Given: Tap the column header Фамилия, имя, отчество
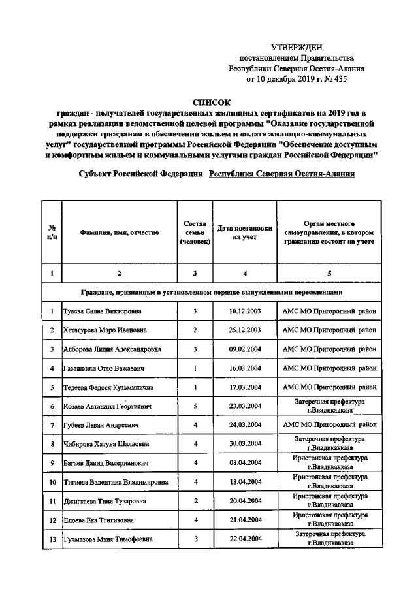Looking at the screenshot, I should coord(118,232).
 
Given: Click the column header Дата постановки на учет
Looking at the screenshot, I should coord(245,232).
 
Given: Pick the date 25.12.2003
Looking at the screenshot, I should coord(245,330).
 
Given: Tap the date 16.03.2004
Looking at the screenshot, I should coord(245,368).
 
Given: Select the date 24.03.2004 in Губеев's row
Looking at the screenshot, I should coord(245,425).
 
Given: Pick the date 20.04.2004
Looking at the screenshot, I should coord(245,501).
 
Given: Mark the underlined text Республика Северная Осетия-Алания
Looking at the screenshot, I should coord(282,174).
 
